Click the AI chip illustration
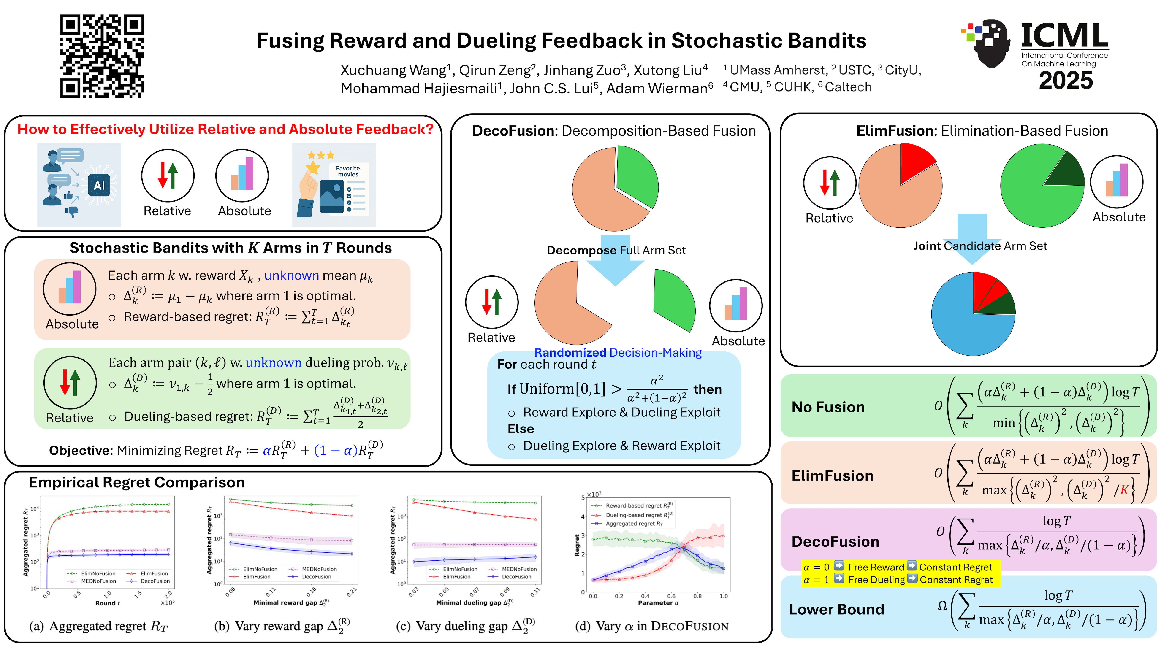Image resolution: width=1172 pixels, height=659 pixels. [x=99, y=186]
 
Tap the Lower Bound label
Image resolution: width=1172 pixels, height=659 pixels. [x=836, y=609]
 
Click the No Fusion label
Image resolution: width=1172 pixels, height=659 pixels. [x=828, y=407]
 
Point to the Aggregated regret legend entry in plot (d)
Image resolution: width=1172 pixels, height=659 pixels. [x=633, y=524]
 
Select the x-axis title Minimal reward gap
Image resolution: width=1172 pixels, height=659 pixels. [x=285, y=603]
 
